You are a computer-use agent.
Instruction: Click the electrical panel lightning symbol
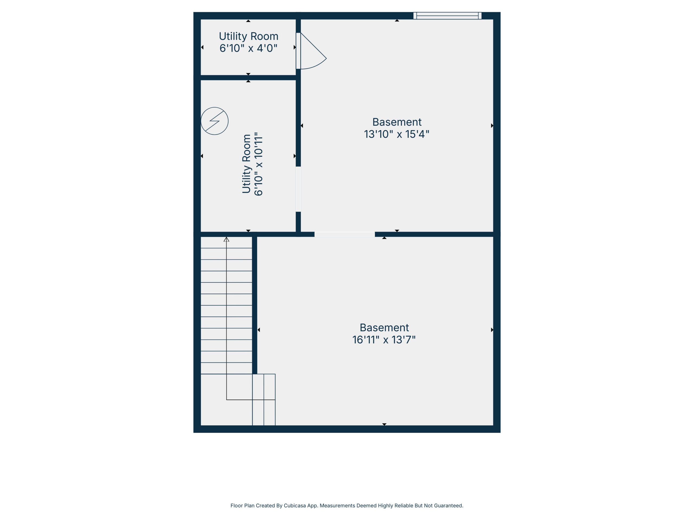[x=215, y=121]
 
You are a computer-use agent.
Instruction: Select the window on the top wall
[x=447, y=16]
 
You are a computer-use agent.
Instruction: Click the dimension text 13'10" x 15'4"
[x=397, y=134]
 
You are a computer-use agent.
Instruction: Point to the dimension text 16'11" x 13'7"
[x=384, y=340]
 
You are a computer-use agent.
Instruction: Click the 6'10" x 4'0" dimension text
[x=249, y=48]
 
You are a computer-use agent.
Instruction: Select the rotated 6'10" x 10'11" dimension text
[x=258, y=164]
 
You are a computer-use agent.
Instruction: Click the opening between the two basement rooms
[x=345, y=235]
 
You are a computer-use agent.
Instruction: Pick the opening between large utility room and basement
[x=298, y=189]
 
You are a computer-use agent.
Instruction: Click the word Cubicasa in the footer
[x=295, y=506]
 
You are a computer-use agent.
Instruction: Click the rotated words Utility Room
[x=247, y=164]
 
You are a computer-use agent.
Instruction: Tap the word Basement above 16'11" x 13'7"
[x=384, y=327]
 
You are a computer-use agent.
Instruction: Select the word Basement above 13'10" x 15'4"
[x=397, y=122]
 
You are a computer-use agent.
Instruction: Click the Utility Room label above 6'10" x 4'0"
[x=249, y=36]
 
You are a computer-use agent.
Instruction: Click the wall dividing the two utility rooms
[x=248, y=78]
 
